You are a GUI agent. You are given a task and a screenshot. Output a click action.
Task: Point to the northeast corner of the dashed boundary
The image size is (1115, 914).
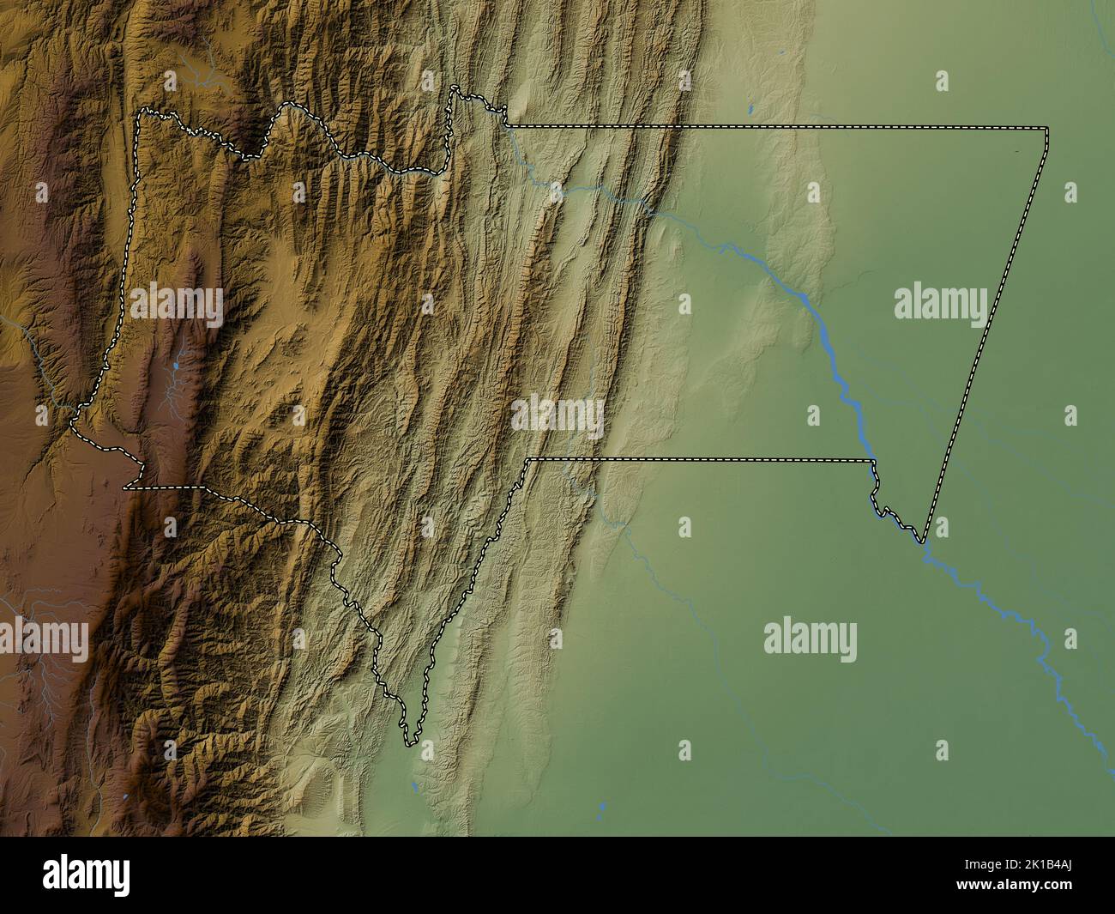1047,128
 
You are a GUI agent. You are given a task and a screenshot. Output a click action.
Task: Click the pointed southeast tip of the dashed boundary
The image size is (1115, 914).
922,542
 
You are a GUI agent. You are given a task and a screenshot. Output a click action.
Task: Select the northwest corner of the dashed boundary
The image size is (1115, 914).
142,112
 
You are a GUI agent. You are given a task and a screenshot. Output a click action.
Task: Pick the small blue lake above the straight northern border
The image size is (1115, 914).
750,109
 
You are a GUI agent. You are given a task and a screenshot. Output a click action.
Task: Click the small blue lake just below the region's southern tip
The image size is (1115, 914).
414,785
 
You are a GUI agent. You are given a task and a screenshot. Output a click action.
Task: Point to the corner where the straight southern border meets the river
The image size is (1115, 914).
873,462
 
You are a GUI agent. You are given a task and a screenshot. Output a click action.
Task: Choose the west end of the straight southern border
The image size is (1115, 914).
528,460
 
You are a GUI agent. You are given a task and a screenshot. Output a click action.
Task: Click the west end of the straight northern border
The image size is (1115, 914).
506,126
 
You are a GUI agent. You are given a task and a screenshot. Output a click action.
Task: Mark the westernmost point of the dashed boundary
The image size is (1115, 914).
72,421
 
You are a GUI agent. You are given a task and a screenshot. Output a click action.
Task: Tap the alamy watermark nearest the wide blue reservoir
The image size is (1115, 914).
940,303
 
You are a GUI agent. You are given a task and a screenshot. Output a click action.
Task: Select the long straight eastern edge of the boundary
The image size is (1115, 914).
986,335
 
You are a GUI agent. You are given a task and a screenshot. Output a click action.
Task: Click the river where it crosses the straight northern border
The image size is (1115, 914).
513,129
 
